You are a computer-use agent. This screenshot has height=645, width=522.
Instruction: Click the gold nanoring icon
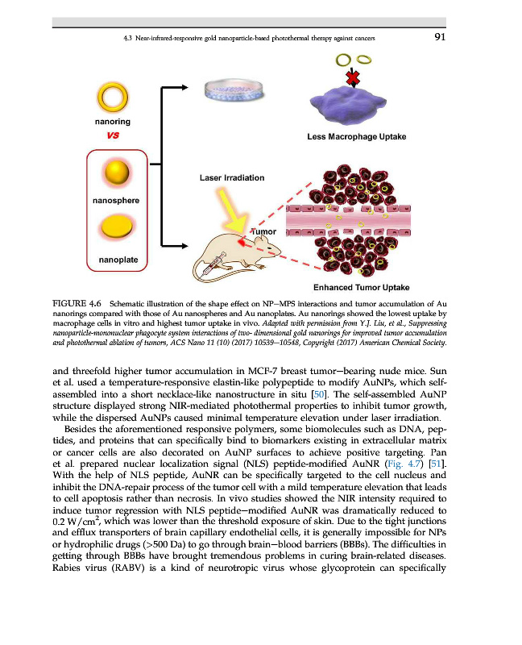coord(113,98)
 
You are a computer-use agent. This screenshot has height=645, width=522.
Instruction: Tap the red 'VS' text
coord(113,136)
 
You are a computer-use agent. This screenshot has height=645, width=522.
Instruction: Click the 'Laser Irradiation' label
coord(230,177)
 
